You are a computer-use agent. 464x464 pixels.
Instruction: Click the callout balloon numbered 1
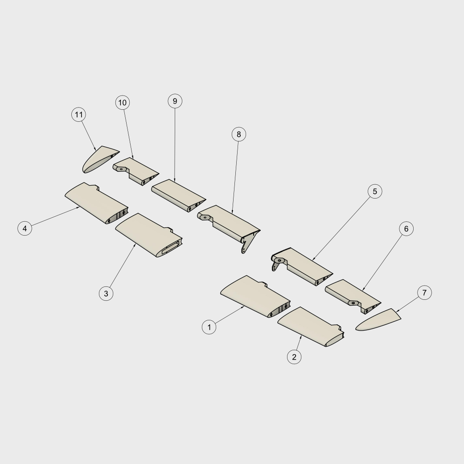coord(209,327)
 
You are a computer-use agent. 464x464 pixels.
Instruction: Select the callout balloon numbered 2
coord(294,357)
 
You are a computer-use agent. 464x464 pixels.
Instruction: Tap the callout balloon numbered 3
coord(106,293)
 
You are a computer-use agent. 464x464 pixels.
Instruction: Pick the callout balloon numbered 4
coord(25,228)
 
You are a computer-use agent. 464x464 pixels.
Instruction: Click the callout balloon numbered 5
coord(375,191)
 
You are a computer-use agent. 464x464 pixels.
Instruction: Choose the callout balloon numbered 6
coord(407,229)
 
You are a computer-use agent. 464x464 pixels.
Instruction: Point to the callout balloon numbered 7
coord(425,293)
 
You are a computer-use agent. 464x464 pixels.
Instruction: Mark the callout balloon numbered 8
coord(239,134)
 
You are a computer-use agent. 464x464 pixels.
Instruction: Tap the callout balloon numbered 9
coord(175,101)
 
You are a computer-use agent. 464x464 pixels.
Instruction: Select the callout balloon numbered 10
coord(123,103)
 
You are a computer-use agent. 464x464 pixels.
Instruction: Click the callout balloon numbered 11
coord(79,115)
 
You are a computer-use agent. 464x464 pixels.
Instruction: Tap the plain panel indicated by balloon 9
coord(178,195)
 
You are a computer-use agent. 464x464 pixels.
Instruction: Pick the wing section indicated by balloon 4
coord(96,203)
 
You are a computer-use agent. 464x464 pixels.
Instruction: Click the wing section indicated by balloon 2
coord(311,327)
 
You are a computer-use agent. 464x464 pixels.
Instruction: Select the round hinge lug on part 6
coord(353,303)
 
